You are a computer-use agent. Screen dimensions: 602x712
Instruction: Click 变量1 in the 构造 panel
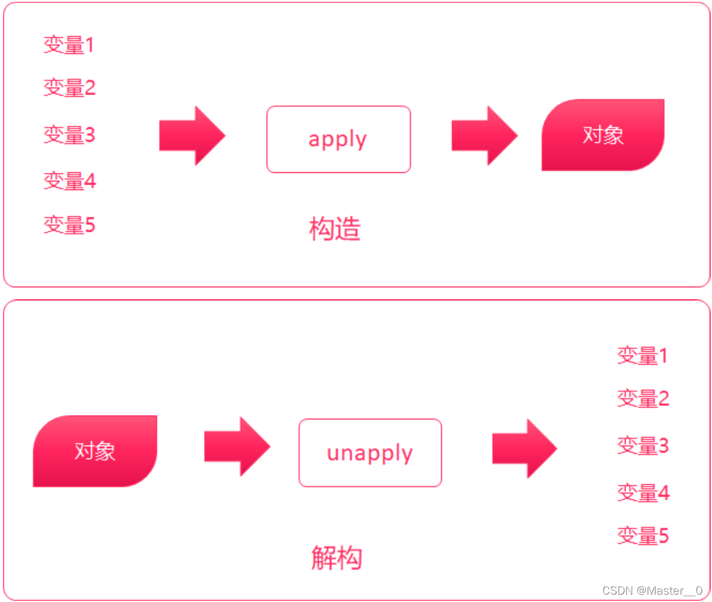pyautogui.click(x=69, y=45)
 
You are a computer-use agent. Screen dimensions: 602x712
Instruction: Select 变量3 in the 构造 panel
pyautogui.click(x=69, y=134)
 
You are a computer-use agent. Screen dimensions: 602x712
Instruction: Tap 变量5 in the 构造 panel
pyautogui.click(x=69, y=225)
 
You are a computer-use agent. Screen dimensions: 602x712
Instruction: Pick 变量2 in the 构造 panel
pyautogui.click(x=69, y=88)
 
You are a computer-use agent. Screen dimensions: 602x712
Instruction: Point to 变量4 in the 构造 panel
pyautogui.click(x=69, y=180)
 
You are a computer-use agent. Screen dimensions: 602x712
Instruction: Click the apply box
pyautogui.click(x=338, y=139)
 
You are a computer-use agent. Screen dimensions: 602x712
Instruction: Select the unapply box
pyautogui.click(x=369, y=453)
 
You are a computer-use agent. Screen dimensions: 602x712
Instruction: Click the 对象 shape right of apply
pyautogui.click(x=603, y=135)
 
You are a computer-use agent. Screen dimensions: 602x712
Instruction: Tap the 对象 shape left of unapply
pyautogui.click(x=95, y=451)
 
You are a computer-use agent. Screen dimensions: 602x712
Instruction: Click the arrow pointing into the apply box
pyautogui.click(x=192, y=135)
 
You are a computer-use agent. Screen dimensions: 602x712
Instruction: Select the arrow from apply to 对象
pyautogui.click(x=484, y=135)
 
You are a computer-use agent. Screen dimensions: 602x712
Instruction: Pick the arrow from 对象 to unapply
pyautogui.click(x=237, y=446)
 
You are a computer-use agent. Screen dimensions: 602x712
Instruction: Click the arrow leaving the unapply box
pyautogui.click(x=525, y=449)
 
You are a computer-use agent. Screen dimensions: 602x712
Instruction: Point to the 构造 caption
pyautogui.click(x=335, y=229)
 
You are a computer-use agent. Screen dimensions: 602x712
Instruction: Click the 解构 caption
pyautogui.click(x=336, y=557)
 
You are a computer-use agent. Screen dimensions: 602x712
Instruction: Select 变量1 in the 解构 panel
pyautogui.click(x=642, y=356)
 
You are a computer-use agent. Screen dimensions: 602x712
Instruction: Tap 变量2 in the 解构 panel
pyautogui.click(x=642, y=398)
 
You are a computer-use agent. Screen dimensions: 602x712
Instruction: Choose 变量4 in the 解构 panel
pyautogui.click(x=642, y=492)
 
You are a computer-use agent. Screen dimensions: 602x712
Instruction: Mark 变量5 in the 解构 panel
pyautogui.click(x=642, y=536)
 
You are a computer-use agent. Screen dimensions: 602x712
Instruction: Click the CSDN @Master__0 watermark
pyautogui.click(x=652, y=590)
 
